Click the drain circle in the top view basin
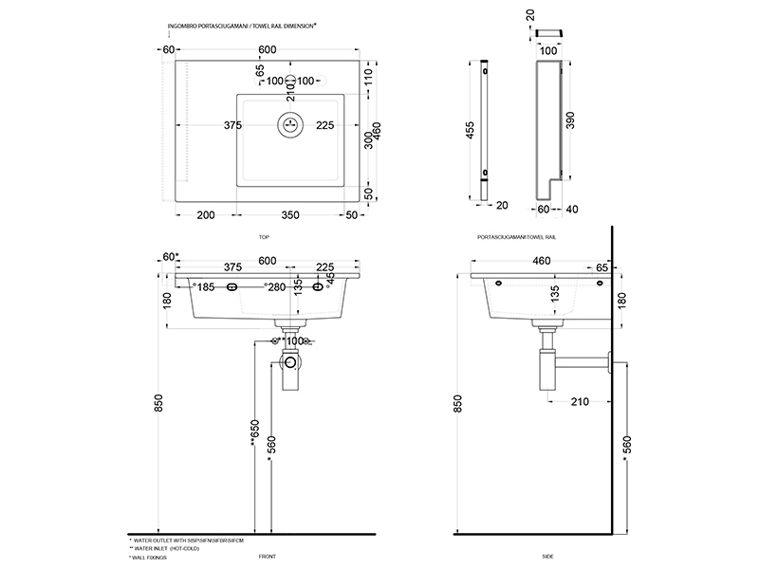coord(291,124)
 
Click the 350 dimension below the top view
coord(290,216)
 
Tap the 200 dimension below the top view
coord(204,216)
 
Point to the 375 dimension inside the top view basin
coord(232,125)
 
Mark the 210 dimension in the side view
coord(581,401)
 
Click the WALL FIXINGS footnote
coord(151,558)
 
